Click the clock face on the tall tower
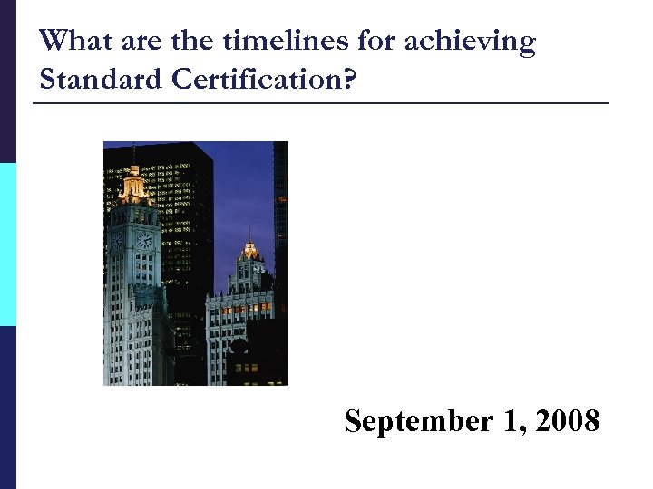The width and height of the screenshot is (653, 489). [143, 240]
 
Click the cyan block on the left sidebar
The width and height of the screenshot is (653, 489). [7, 244]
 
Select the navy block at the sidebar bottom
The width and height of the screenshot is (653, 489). [7, 407]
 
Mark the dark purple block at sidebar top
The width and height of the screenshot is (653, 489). [7, 81]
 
